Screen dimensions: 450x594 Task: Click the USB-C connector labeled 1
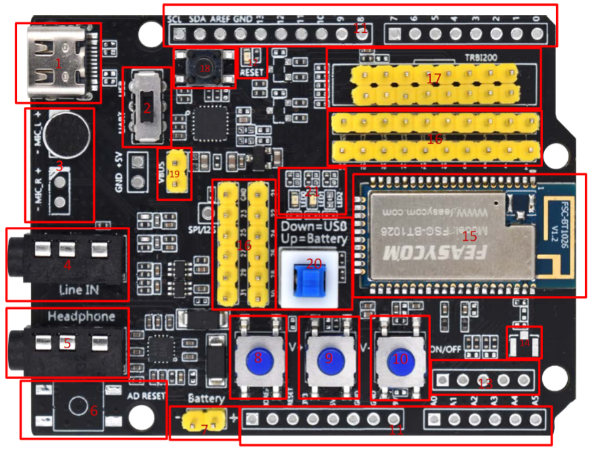58,63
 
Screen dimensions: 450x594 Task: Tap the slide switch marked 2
147,108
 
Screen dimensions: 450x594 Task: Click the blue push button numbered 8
258,358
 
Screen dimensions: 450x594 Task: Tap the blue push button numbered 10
400,358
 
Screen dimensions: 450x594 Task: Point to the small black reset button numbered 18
205,68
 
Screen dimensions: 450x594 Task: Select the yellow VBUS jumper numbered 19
175,173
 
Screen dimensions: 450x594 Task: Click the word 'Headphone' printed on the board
81,317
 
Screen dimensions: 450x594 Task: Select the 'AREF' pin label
219,19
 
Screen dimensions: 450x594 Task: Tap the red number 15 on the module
470,235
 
